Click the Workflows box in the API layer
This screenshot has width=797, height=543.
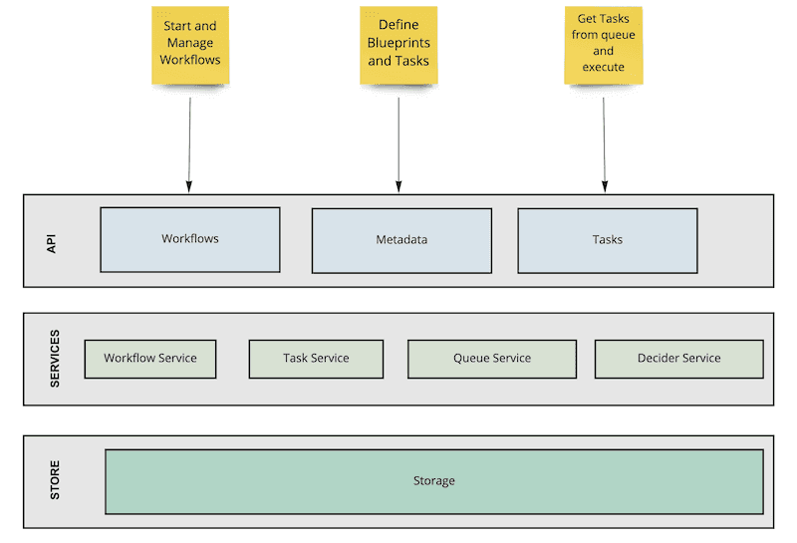click(189, 239)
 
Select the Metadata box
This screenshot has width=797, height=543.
click(401, 240)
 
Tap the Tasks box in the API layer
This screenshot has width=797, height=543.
click(607, 240)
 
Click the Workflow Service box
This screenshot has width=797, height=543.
click(150, 359)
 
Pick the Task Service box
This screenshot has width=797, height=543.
click(316, 359)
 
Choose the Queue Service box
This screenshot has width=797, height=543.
click(492, 359)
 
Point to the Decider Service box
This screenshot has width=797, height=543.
click(678, 359)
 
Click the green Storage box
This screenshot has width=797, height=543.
click(434, 481)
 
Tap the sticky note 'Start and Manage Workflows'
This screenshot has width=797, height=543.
click(189, 45)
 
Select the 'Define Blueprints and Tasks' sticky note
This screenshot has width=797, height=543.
click(398, 45)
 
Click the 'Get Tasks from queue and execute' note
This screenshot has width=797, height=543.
click(604, 45)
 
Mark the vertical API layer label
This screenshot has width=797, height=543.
click(53, 241)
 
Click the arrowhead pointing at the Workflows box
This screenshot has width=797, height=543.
click(189, 185)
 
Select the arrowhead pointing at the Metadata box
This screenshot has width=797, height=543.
click(398, 185)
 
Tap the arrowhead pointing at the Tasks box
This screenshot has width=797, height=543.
click(604, 185)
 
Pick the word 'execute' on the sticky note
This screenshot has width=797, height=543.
click(604, 67)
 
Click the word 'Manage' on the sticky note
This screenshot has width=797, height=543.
click(189, 43)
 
